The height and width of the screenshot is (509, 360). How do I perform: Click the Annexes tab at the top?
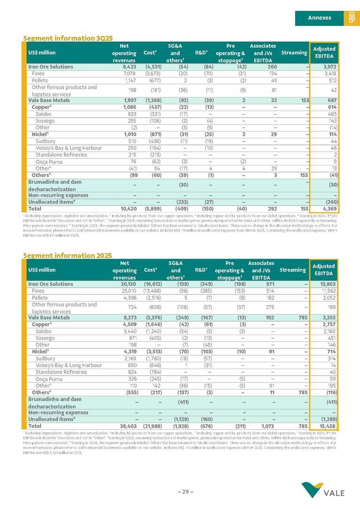pos(319,18)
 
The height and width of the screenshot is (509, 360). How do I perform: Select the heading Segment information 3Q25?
pos(68,38)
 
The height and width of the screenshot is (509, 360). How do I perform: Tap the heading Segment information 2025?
pos(68,255)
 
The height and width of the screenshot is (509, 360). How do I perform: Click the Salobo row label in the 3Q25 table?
pos(43,114)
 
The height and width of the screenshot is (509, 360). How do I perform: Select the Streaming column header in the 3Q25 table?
pos(294,53)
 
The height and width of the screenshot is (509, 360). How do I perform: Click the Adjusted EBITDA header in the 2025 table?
pos(324,270)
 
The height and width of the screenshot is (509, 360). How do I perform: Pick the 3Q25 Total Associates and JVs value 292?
pos(269,208)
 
